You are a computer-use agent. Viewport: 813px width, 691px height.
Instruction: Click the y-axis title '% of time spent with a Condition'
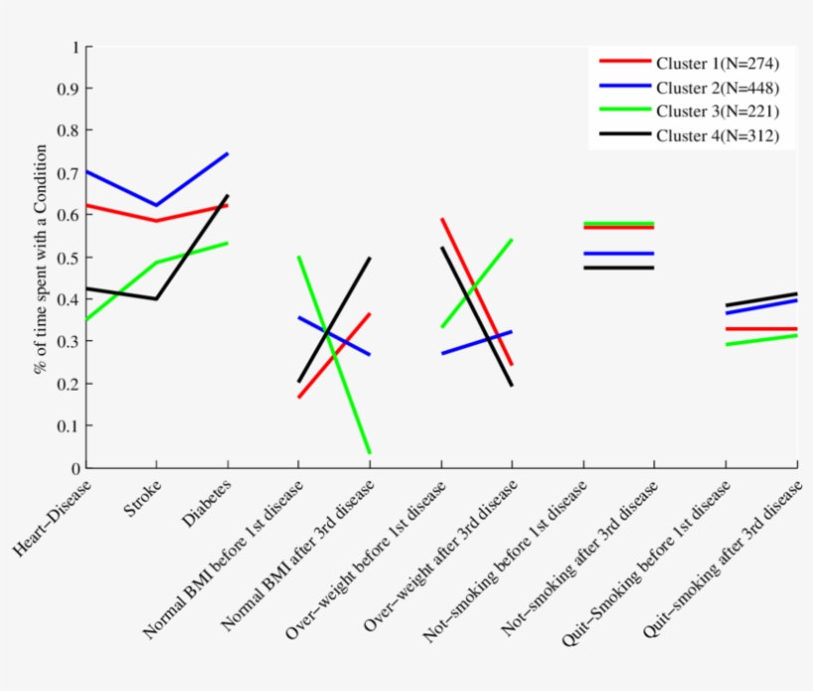coord(42,258)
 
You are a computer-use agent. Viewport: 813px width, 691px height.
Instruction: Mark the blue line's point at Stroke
coord(156,205)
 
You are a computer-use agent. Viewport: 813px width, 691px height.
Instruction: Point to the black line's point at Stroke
coord(156,298)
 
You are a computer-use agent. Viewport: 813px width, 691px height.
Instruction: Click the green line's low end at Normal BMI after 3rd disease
coord(369,453)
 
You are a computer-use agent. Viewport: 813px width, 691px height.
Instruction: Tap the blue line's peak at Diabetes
coord(228,154)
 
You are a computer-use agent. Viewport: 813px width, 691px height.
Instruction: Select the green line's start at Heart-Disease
coord(86,319)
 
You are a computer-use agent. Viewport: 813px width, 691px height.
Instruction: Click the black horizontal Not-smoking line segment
coord(617,268)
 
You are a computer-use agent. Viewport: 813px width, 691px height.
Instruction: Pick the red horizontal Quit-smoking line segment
coord(761,329)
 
